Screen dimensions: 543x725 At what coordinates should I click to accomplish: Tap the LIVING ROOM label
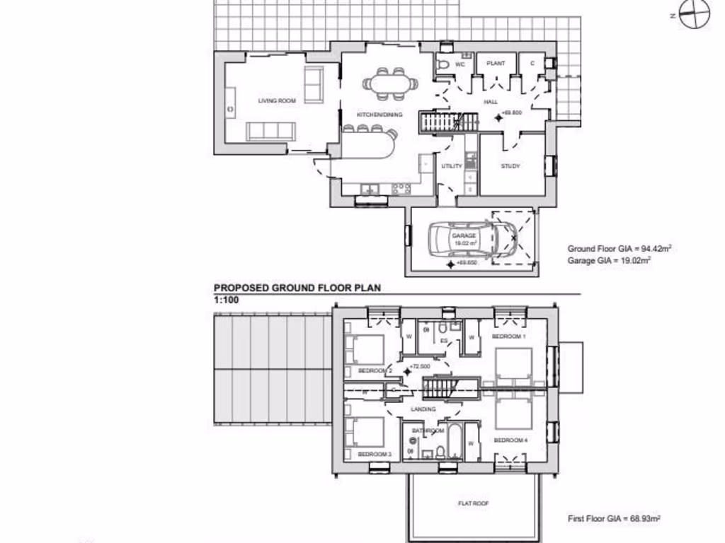(277, 101)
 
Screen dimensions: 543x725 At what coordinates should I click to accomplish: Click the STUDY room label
(510, 166)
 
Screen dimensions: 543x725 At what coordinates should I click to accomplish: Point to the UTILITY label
(452, 166)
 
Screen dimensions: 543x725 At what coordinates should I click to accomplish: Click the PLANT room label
(496, 64)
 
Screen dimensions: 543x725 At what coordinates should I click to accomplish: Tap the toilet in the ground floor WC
(443, 64)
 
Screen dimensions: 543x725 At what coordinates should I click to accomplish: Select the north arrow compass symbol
(694, 13)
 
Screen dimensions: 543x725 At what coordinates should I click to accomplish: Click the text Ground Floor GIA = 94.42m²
(619, 249)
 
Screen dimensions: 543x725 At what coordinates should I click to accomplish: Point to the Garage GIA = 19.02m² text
(609, 260)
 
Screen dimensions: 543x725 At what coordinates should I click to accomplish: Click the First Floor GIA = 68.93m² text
(614, 519)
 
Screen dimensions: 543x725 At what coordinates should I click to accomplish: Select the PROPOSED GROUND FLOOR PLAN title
(297, 288)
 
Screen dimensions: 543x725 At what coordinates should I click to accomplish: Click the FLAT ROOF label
(474, 503)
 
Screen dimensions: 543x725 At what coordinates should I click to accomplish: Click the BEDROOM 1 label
(509, 337)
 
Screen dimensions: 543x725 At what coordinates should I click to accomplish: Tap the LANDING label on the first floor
(424, 409)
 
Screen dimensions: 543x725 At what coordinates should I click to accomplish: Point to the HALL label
(491, 101)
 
